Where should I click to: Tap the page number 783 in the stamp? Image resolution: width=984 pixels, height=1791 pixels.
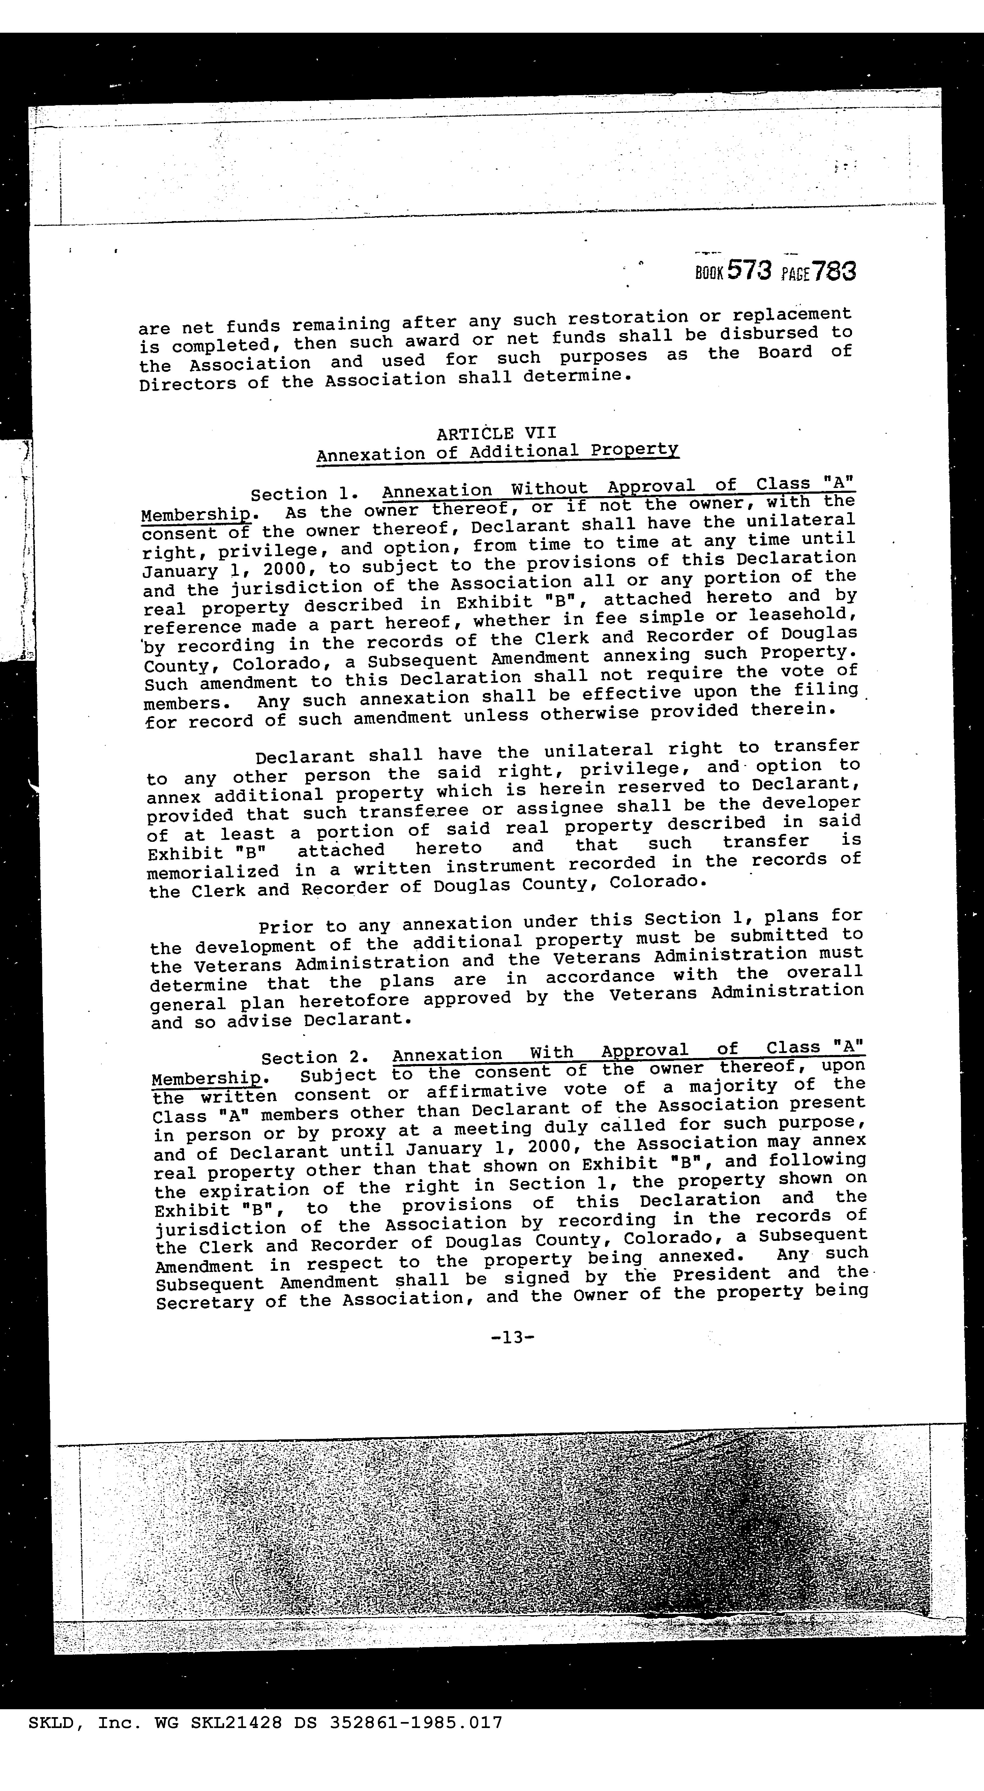pyautogui.click(x=834, y=270)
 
